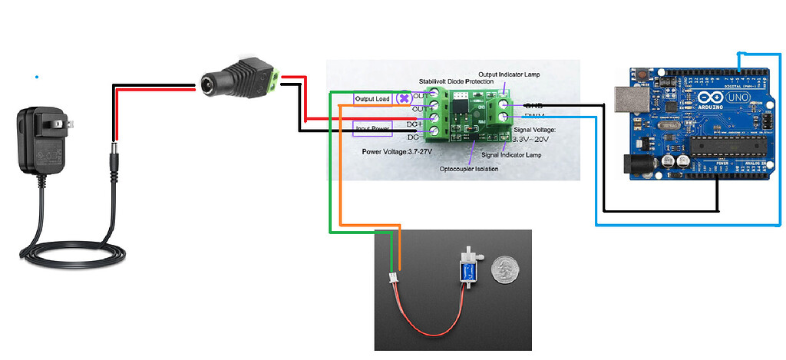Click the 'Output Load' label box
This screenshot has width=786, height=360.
[372, 99]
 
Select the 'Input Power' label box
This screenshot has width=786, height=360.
[372, 127]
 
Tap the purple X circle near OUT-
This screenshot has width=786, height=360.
[403, 99]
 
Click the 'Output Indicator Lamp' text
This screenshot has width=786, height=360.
[520, 74]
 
